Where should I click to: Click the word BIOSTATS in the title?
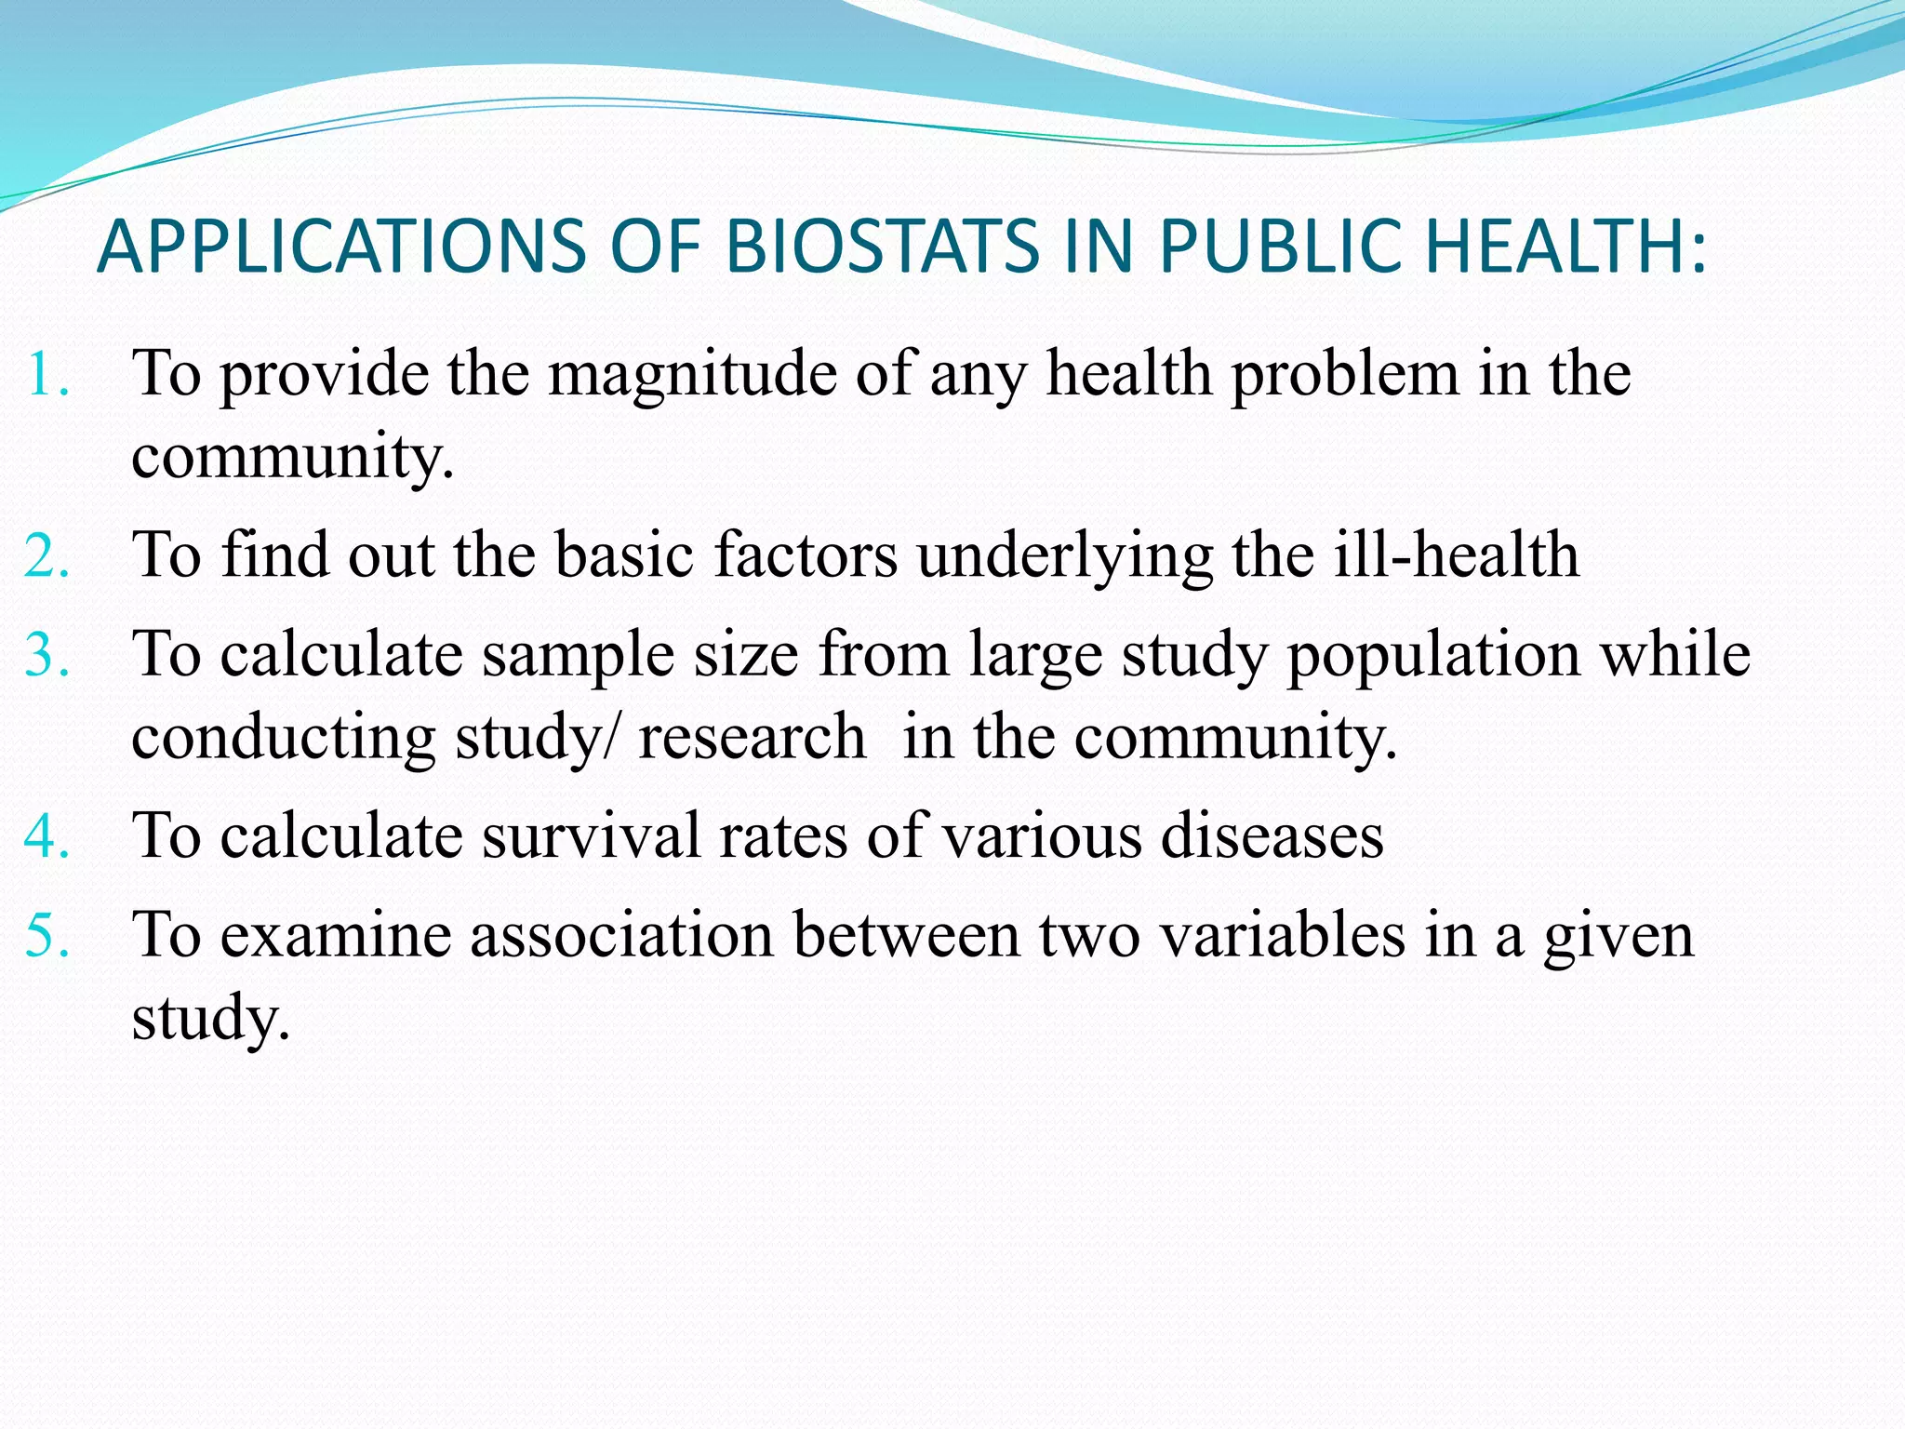pyautogui.click(x=881, y=247)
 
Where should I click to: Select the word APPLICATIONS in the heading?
pyautogui.click(x=342, y=247)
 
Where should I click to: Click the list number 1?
pyautogui.click(x=47, y=374)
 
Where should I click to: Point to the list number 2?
pyautogui.click(x=47, y=556)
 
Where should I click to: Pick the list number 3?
pyautogui.click(x=47, y=654)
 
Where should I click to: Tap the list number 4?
pyautogui.click(x=47, y=835)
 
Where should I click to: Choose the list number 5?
pyautogui.click(x=47, y=935)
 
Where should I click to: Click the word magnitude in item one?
pyautogui.click(x=692, y=376)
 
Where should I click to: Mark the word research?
pyautogui.click(x=752, y=738)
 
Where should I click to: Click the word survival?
pyautogui.click(x=591, y=835)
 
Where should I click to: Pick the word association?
pyautogui.click(x=621, y=935)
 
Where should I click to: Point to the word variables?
pyautogui.click(x=1283, y=935)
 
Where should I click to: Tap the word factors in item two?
pyautogui.click(x=806, y=555)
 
